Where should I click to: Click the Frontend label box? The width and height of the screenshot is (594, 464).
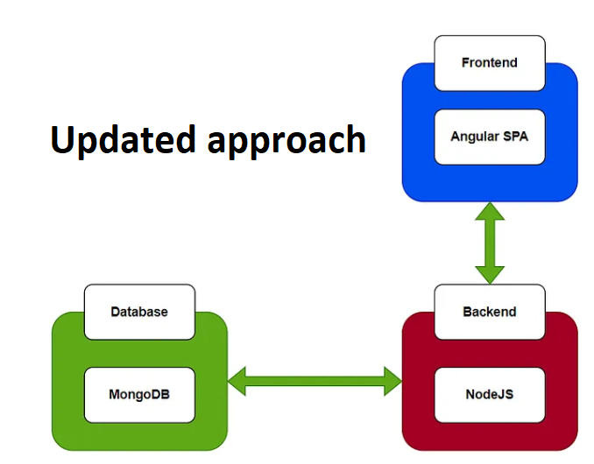pos(489,63)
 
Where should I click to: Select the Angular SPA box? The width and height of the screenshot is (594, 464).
pos(489,137)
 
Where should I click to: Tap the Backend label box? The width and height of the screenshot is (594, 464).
pos(489,312)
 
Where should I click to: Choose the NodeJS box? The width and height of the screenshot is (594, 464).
pos(489,394)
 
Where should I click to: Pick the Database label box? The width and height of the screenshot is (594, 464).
pos(139,312)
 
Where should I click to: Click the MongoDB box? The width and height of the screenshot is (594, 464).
pos(139,394)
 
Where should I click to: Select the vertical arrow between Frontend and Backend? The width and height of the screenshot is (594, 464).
pos(489,243)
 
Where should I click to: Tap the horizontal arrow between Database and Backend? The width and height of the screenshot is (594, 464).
pos(315,380)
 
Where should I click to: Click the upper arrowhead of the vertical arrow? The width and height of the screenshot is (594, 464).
pos(489,213)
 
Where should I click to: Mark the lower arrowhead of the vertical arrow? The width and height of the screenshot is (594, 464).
pos(489,273)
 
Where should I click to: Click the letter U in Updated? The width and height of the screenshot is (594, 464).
pos(62,139)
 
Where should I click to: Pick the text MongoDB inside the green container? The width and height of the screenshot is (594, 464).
pos(139,394)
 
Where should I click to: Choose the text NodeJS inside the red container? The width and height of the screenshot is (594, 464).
pos(489,394)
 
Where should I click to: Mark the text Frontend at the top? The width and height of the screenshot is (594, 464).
pos(489,63)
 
